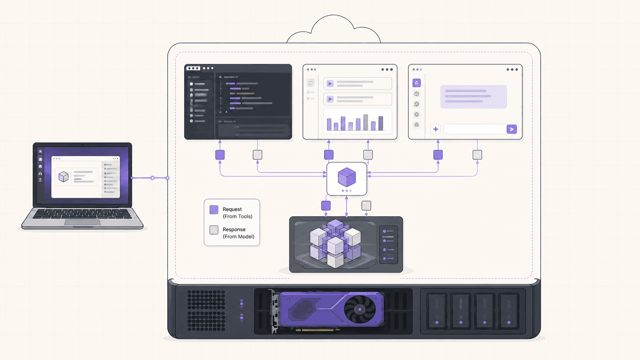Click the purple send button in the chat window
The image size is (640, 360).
click(x=511, y=129)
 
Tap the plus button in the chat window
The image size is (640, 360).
click(x=436, y=129)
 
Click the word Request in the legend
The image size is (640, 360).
click(x=232, y=209)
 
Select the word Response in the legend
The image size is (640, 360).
click(x=234, y=230)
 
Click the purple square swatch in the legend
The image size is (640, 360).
click(x=214, y=210)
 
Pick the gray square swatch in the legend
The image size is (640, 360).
click(x=214, y=230)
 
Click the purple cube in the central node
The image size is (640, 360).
click(x=346, y=177)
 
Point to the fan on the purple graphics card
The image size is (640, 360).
click(x=360, y=309)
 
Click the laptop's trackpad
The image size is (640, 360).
click(x=82, y=222)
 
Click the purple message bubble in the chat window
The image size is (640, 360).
click(x=473, y=96)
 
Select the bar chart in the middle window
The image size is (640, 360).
click(x=358, y=121)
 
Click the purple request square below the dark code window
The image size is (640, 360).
click(x=220, y=155)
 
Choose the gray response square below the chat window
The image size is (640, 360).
click(x=477, y=155)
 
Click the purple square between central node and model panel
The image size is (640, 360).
click(x=326, y=205)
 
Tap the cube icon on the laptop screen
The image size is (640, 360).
click(x=64, y=177)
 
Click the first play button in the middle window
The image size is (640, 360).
click(x=330, y=84)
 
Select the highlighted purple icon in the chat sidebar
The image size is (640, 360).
click(x=416, y=83)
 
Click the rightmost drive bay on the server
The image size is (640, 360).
click(x=509, y=311)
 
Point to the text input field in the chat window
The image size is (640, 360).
click(x=475, y=129)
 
